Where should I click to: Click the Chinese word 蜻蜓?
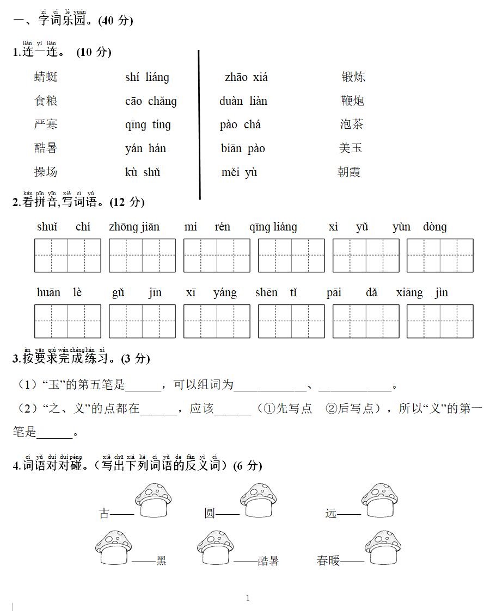coord(46,77)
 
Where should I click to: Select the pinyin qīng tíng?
coord(148,124)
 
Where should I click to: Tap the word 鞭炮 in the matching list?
coord(353,101)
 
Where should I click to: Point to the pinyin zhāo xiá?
coord(246,77)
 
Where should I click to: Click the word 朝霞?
coord(349,172)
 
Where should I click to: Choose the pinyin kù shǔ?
coord(143,172)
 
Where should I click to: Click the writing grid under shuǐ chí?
coord(68,255)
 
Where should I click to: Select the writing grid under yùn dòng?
coord(440,255)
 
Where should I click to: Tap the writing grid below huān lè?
coord(68,321)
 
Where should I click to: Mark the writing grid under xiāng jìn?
coord(440,321)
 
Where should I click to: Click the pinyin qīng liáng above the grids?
coord(273,227)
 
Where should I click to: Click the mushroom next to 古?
coord(154,500)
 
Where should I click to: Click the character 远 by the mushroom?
coord(331,513)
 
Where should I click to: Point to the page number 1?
coord(248,598)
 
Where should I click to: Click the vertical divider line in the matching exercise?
coord(199,125)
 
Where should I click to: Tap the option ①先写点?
coord(287,409)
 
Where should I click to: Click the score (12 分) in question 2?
coord(127,202)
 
